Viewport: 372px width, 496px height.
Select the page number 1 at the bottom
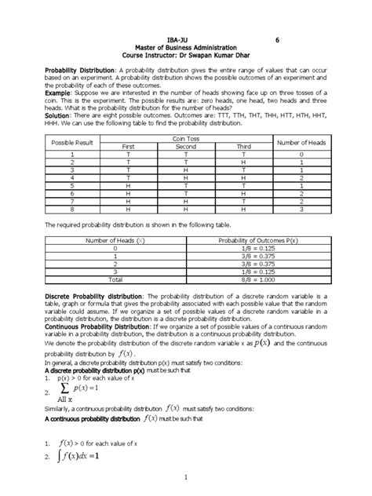[x=184, y=487]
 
